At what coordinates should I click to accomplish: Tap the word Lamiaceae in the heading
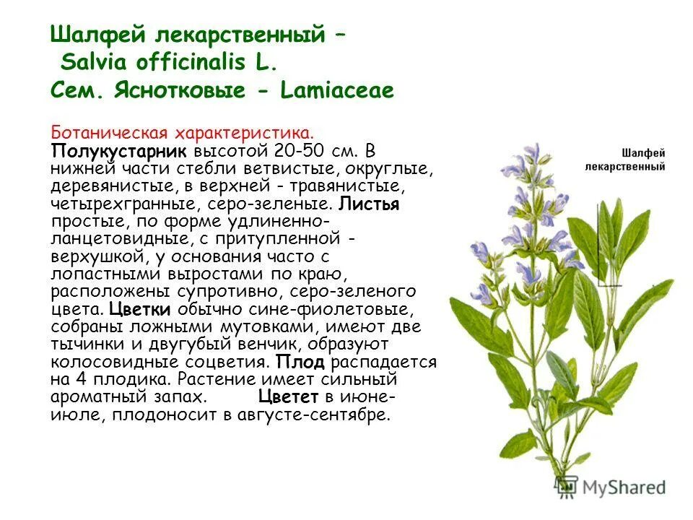tap(339, 91)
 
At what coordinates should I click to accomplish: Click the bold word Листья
tap(369, 204)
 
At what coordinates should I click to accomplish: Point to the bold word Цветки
tap(140, 309)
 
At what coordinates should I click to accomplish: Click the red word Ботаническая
tap(109, 134)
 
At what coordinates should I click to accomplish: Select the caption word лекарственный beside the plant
tap(624, 167)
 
